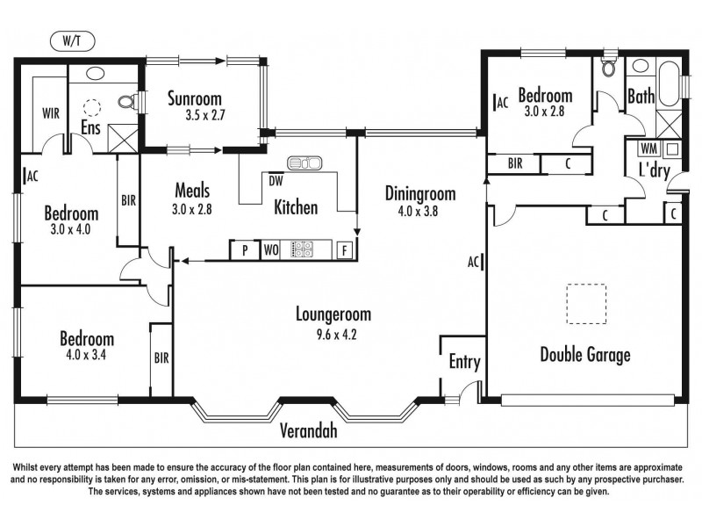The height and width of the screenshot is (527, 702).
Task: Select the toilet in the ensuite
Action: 127,104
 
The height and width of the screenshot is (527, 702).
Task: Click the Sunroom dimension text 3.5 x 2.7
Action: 205,114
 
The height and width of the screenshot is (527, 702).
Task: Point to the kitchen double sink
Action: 305,162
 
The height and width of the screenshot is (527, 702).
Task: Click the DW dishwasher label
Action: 275,182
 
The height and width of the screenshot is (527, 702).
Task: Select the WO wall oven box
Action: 271,250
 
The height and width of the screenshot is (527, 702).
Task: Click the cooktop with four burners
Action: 303,249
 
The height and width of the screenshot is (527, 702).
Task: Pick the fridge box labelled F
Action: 345,250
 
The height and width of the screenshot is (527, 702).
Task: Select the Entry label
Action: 464,362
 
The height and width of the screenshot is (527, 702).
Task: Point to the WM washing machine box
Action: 650,148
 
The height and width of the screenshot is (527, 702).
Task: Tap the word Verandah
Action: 308,431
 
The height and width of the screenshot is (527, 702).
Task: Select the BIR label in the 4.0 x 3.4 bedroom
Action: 161,358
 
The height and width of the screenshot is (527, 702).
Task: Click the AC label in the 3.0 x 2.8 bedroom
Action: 502,103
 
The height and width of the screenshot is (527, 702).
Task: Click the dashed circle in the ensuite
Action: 92,109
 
